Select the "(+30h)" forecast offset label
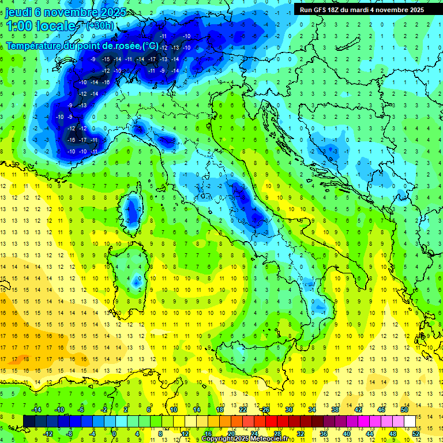(x=100, y=26)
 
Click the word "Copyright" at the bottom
(x=217, y=439)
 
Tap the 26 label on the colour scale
(x=266, y=410)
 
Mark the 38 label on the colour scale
(x=335, y=410)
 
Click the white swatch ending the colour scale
(x=410, y=421)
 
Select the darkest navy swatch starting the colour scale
(x=29, y=421)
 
